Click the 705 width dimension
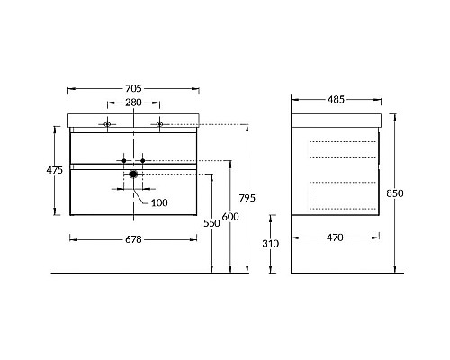(133, 88)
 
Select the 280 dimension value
(133, 103)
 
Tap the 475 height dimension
(55, 170)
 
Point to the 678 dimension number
(133, 239)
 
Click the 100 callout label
(159, 202)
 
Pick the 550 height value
(211, 223)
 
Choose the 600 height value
(230, 216)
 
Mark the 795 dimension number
(247, 198)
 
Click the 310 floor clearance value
(271, 244)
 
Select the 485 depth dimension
(336, 100)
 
